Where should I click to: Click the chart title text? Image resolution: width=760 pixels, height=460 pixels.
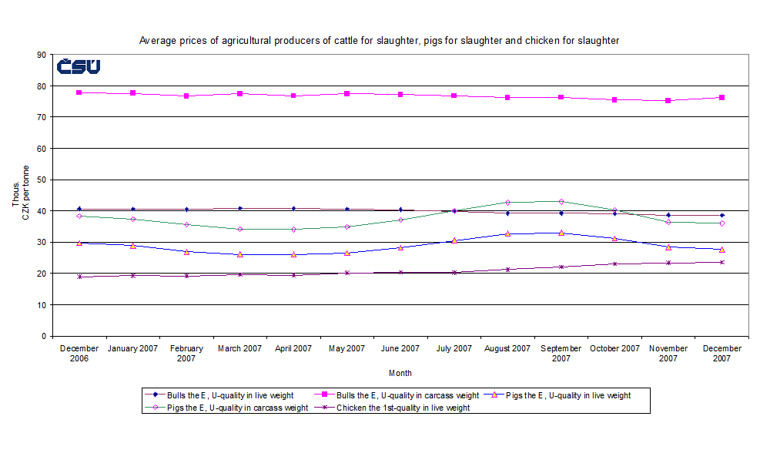click(x=379, y=40)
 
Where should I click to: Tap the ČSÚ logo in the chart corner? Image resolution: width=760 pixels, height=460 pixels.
click(x=78, y=67)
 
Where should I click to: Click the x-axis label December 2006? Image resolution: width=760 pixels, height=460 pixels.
click(x=79, y=354)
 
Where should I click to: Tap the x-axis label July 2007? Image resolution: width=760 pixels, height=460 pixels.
click(x=454, y=349)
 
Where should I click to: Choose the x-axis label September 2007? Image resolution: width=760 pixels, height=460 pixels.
click(x=561, y=354)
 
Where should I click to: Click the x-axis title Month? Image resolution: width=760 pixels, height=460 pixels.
click(x=400, y=374)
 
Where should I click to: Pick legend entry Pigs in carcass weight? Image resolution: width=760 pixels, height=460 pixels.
click(x=228, y=408)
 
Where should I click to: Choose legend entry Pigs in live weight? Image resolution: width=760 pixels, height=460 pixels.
click(x=567, y=395)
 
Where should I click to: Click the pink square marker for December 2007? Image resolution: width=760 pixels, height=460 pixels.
click(x=721, y=98)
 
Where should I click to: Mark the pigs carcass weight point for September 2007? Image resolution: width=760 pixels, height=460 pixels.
click(x=561, y=202)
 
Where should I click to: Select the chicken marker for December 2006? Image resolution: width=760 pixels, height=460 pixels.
click(x=79, y=277)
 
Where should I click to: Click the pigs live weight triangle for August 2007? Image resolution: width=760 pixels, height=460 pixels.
click(x=507, y=233)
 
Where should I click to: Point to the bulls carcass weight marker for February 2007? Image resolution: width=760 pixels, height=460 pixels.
click(x=186, y=96)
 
